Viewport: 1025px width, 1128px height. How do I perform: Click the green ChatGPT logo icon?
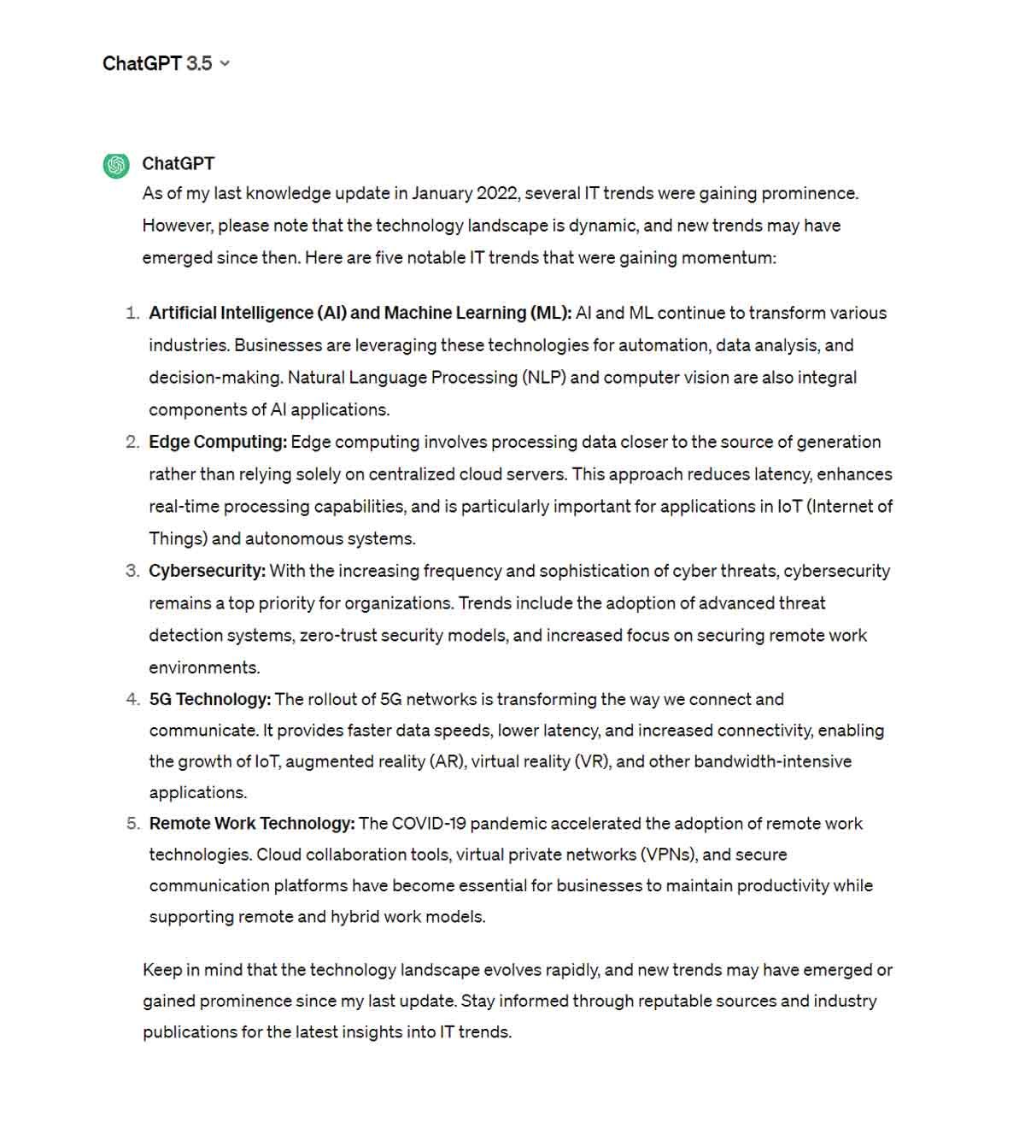116,165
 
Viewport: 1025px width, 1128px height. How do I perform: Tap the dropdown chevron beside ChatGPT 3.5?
225,63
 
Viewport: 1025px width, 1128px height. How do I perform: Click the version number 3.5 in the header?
199,63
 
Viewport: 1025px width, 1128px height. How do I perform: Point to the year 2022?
497,193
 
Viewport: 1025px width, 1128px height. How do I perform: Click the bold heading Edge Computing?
218,442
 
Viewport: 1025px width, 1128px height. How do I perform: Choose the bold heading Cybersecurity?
207,571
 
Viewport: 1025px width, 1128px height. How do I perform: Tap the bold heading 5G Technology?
210,699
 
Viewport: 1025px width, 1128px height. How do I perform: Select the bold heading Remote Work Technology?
252,823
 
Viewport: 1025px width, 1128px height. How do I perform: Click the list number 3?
132,571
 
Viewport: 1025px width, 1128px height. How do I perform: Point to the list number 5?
132,823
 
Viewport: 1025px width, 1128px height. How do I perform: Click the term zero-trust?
337,636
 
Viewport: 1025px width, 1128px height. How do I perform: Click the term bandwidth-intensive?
772,761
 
